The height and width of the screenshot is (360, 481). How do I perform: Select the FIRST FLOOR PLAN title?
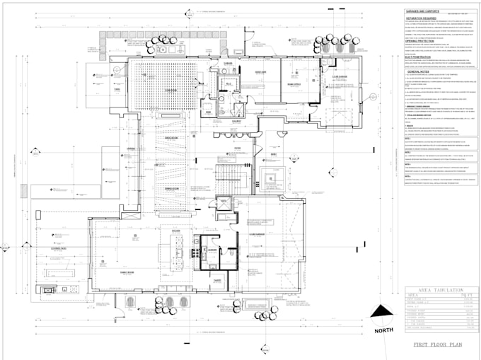439,344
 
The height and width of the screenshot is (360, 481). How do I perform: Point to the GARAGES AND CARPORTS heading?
424,12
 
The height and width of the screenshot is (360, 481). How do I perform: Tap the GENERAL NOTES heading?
419,71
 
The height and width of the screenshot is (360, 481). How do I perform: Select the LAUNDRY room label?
210,249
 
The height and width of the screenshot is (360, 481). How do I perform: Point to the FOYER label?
238,149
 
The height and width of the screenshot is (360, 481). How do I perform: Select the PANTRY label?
218,279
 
